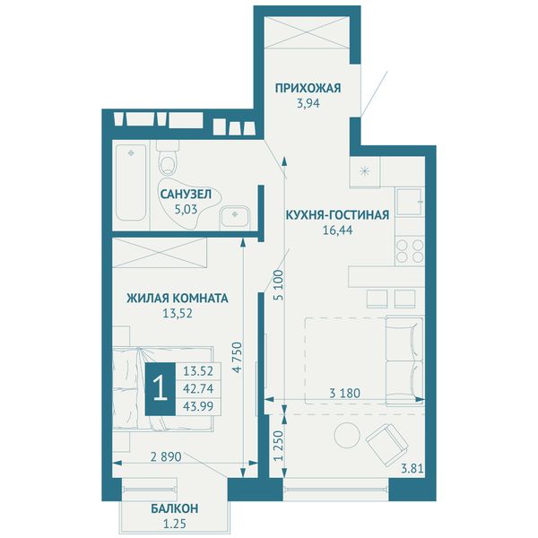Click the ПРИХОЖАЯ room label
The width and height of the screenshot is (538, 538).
(x=308, y=88)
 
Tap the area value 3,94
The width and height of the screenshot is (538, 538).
(x=308, y=103)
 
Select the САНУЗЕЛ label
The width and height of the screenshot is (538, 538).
(x=186, y=195)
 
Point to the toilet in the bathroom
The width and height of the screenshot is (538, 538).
(x=169, y=159)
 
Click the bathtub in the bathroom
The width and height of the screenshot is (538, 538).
(x=132, y=183)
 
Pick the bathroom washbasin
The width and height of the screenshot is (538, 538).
(x=235, y=216)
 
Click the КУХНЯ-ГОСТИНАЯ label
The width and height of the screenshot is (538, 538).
(x=337, y=215)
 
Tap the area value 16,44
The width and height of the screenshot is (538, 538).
(x=337, y=230)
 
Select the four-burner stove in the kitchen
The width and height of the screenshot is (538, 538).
(x=410, y=251)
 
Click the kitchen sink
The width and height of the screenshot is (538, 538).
(x=411, y=202)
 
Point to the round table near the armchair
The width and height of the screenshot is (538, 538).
(x=348, y=435)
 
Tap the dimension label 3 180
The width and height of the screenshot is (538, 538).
(x=345, y=393)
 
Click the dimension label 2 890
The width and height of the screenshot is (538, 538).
(x=166, y=456)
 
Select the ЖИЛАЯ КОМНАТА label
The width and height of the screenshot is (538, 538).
(x=178, y=299)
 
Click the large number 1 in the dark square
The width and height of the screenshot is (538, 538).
(x=161, y=389)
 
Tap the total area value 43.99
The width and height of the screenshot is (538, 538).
(x=198, y=406)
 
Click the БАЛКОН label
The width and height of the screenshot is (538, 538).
(x=174, y=508)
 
